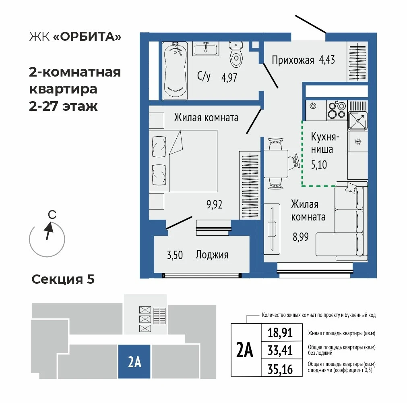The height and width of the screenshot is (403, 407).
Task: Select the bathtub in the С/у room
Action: click(175, 71)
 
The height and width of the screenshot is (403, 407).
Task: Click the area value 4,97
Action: click(229, 77)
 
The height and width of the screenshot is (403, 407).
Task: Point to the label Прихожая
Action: click(293, 60)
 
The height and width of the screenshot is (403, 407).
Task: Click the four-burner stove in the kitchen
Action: click(337, 110)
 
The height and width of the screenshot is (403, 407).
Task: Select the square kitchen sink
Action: click(357, 120)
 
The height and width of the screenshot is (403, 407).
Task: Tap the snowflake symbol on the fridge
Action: click(358, 141)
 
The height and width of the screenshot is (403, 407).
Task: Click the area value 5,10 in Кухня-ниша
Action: click(319, 165)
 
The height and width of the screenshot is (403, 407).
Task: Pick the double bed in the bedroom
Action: click(183, 161)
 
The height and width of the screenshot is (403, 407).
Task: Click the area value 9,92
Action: click(214, 205)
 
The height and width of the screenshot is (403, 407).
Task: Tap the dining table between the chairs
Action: click(276, 164)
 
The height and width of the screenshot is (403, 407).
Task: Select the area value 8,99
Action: click(301, 237)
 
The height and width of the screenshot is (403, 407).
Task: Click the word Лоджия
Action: click(212, 255)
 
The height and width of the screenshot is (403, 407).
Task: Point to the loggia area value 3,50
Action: click(175, 255)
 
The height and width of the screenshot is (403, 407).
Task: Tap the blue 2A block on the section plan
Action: click(134, 361)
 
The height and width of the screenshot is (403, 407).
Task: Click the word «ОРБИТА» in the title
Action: click(87, 37)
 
